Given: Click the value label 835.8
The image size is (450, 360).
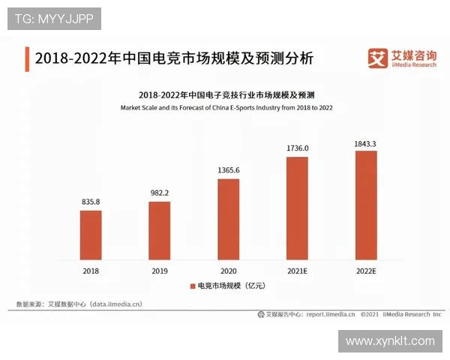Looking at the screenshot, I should [91, 202].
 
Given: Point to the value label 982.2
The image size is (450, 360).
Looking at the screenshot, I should [159, 193].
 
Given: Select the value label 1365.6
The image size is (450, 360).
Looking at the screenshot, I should [228, 169].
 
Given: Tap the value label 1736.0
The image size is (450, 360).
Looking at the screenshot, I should [297, 148].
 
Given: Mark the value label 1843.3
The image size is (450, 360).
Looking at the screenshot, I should [365, 142].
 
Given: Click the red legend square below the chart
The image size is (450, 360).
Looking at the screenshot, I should [192, 286].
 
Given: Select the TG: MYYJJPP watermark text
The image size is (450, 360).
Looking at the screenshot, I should [54, 19].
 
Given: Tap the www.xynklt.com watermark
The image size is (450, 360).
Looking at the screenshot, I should [391, 341].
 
